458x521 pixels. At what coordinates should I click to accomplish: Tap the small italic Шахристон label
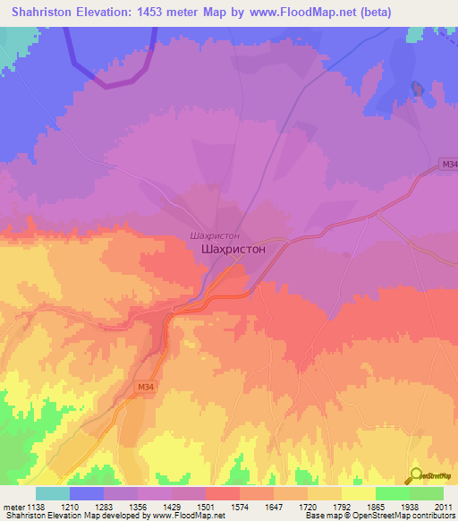coord(214,235)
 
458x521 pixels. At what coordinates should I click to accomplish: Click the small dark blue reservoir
coord(416,89)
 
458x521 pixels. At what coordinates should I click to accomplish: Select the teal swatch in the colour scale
coord(53,492)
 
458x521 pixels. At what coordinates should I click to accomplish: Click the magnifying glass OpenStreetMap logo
coord(413,477)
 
